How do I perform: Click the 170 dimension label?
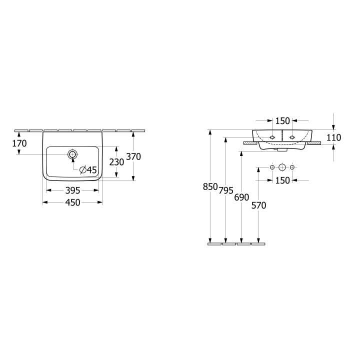(x=19, y=143)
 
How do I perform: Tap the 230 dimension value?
(x=116, y=162)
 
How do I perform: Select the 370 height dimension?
(x=133, y=157)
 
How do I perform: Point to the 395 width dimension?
(x=73, y=190)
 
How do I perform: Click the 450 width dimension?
(x=73, y=202)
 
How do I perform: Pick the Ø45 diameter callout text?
(x=88, y=170)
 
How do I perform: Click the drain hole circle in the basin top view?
(x=73, y=154)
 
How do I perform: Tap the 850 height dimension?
(x=210, y=186)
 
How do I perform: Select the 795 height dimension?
(x=226, y=190)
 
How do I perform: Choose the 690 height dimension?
(x=241, y=197)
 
